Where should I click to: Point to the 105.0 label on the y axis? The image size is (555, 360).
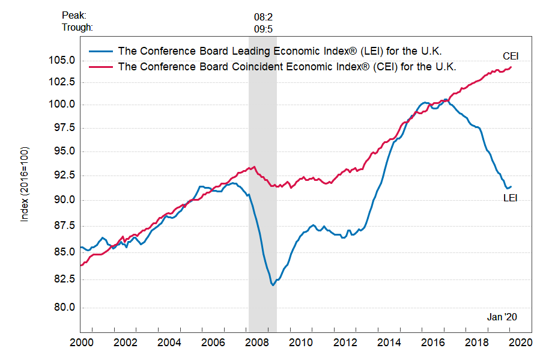pos(62,61)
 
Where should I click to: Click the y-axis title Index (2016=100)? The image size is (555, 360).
pos(25,184)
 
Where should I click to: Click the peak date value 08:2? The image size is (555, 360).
pos(264,16)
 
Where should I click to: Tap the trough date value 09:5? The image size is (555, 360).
pos(264,28)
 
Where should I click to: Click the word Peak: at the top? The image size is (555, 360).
pos(74,16)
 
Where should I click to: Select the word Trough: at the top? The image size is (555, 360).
pos(77,27)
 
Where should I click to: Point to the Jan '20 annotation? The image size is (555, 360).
pos(502,317)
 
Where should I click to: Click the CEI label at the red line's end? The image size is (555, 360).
pos(510,56)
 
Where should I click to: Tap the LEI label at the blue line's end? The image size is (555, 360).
pos(509,198)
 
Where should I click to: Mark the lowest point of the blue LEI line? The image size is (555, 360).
pos(273,284)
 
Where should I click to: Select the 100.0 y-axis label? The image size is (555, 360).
pos(62,105)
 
